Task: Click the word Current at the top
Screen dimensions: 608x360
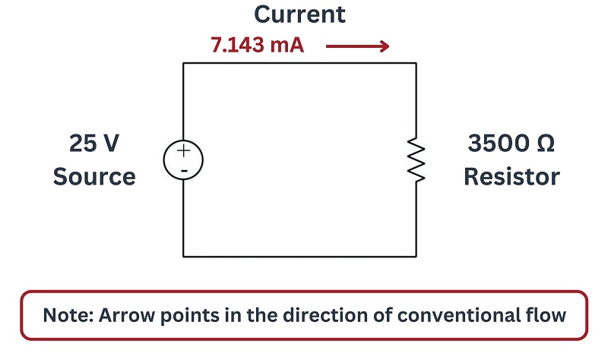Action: [x=299, y=14]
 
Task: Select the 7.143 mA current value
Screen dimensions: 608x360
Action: [x=258, y=45]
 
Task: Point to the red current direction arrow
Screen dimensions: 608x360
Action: [x=357, y=46]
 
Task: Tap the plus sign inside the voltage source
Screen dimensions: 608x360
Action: [x=183, y=150]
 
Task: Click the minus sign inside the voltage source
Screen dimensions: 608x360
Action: [x=185, y=170]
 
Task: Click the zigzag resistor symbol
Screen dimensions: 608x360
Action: [x=416, y=159]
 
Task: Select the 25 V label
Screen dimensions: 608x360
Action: [x=94, y=143]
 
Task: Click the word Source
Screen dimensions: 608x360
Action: [x=94, y=177]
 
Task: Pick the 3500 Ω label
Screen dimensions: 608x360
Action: [x=511, y=143]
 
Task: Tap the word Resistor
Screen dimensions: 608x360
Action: [x=511, y=177]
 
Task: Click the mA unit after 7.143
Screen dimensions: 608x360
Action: [x=287, y=45]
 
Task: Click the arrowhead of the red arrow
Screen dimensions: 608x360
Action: [x=385, y=46]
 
